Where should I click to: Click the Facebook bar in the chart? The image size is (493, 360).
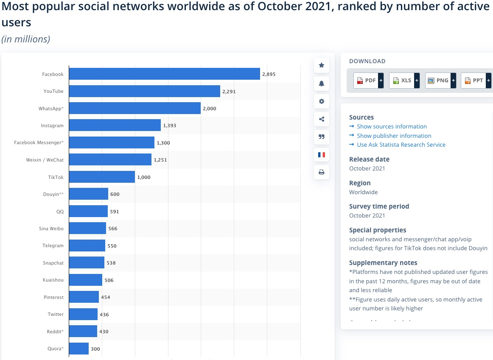pos(164,74)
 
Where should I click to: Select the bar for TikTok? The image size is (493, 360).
pos(102,177)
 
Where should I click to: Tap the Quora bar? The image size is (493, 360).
pos(78,349)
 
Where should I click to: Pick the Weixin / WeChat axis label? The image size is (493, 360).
pos(45,160)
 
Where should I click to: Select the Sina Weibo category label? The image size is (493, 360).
pos(51,229)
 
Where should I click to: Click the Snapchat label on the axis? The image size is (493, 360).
pos(53,263)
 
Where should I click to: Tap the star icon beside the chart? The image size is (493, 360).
pos(322,65)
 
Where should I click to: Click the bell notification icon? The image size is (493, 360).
pos(322,84)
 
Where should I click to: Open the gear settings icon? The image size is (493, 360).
pos(322,101)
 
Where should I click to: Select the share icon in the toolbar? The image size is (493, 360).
pos(322,119)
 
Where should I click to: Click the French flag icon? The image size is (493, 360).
pos(322,155)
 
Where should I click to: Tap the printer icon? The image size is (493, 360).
pos(322,172)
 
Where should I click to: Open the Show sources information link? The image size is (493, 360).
pos(392,126)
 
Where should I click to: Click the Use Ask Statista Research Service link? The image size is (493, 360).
pos(401,145)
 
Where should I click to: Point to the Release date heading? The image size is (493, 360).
pos(369,159)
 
